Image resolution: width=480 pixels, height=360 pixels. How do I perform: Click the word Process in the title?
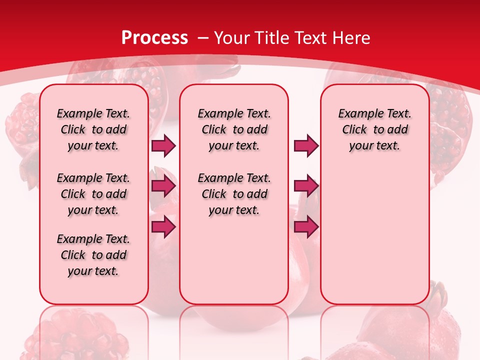(x=154, y=38)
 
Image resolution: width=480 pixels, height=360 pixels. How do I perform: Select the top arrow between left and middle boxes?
(x=163, y=145)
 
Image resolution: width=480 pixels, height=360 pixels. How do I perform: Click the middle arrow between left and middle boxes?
(x=163, y=186)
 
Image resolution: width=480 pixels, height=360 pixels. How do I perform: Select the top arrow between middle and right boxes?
(x=306, y=145)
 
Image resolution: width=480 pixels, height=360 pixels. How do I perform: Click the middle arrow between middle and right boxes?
(x=306, y=186)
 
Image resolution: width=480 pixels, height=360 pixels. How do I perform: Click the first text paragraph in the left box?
(x=93, y=129)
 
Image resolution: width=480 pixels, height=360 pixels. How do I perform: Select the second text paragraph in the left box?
(x=93, y=194)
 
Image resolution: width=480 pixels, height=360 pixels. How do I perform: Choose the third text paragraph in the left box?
(x=93, y=255)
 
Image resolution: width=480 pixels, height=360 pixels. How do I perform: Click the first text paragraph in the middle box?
(x=234, y=129)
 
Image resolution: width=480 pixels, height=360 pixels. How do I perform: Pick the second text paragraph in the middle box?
(x=234, y=194)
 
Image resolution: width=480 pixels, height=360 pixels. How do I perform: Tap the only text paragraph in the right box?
(x=374, y=129)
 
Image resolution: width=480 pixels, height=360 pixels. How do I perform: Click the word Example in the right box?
(x=357, y=114)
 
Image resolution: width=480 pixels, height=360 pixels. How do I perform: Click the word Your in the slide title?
(x=232, y=38)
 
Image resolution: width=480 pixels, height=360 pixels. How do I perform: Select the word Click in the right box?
(x=354, y=130)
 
